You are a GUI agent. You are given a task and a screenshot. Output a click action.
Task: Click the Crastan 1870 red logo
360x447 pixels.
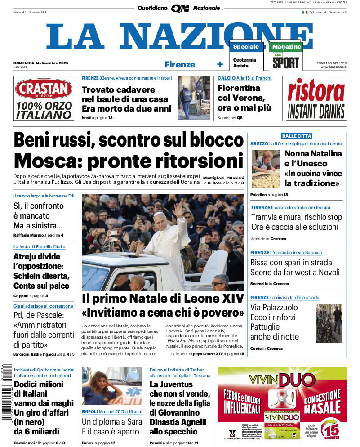(x=44, y=89)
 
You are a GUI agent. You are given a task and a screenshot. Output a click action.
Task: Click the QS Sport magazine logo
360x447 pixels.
(x=285, y=61)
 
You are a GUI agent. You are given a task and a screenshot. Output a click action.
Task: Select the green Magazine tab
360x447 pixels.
(x=286, y=47)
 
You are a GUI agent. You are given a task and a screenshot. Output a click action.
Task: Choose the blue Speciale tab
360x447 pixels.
(x=246, y=47)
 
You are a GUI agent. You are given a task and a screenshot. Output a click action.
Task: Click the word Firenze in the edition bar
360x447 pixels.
(x=179, y=64)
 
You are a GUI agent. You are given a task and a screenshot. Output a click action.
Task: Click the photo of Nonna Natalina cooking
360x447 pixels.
(x=265, y=169)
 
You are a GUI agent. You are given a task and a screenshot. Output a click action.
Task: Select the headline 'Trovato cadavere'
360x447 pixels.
(x=118, y=89)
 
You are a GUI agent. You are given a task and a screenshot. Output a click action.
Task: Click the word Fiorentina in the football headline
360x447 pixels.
(x=239, y=88)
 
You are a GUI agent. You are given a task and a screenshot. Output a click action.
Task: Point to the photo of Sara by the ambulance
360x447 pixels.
(x=112, y=386)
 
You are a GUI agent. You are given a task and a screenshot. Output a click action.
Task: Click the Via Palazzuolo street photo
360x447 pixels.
(x=329, y=323)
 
